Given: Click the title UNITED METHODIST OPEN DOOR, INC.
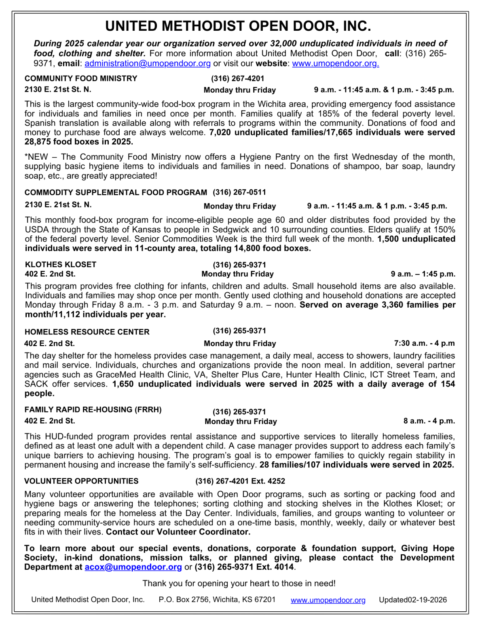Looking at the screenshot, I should click(238, 26).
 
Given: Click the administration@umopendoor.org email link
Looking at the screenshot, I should click(148, 63).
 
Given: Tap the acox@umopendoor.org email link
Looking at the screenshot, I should click(133, 567).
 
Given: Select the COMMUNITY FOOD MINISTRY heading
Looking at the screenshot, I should click(81, 78).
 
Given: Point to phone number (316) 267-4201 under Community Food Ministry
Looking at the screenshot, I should click(237, 78).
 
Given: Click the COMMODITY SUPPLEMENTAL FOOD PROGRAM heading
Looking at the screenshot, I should click(116, 192).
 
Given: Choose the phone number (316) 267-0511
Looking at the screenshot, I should click(239, 192).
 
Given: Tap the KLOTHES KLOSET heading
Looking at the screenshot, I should click(61, 264).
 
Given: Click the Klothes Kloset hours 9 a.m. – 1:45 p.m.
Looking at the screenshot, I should click(423, 274).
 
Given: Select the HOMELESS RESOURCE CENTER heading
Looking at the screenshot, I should click(87, 332).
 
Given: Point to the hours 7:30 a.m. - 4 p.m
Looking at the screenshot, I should click(424, 343).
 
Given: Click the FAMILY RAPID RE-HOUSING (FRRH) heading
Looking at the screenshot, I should click(93, 410).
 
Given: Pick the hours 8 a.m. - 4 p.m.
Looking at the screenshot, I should click(429, 421).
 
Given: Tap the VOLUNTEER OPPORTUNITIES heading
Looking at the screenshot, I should click(81, 481).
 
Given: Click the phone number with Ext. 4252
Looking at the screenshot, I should click(240, 481).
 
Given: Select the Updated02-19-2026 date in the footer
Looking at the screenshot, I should click(412, 600).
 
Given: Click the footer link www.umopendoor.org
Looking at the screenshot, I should click(328, 600).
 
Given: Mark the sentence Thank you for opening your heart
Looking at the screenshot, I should click(239, 583).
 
